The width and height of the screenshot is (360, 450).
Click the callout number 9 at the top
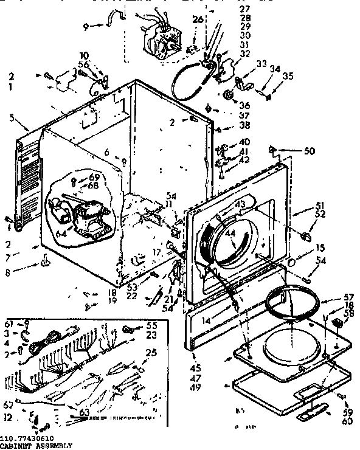click(86, 26)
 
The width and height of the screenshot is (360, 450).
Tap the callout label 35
click(287, 76)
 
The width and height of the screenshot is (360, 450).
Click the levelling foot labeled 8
click(45, 261)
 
